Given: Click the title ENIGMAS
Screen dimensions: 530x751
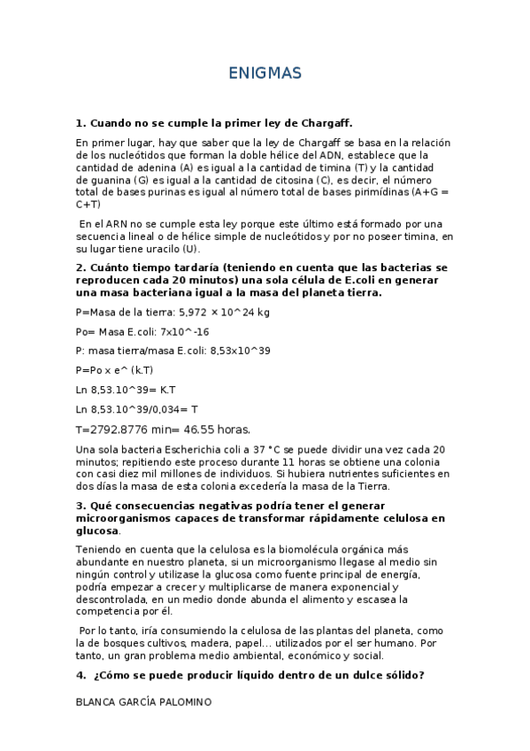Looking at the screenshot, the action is click(x=265, y=72).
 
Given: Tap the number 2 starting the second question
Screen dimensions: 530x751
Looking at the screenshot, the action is click(x=81, y=267).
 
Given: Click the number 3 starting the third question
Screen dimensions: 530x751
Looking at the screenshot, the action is click(x=81, y=505).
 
